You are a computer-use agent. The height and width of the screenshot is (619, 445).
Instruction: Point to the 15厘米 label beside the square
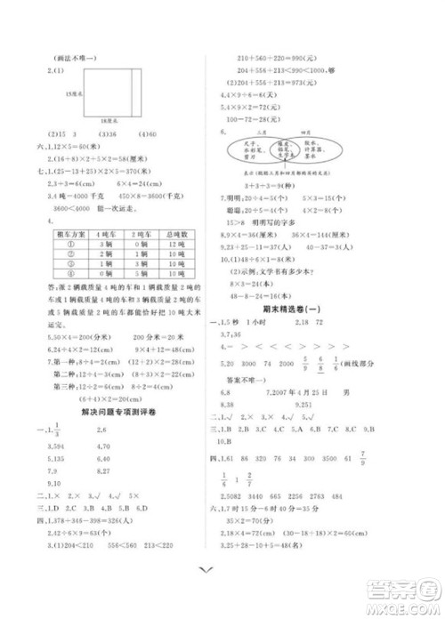pos(75,92)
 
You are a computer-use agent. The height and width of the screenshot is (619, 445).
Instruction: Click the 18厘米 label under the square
pos(110,118)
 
